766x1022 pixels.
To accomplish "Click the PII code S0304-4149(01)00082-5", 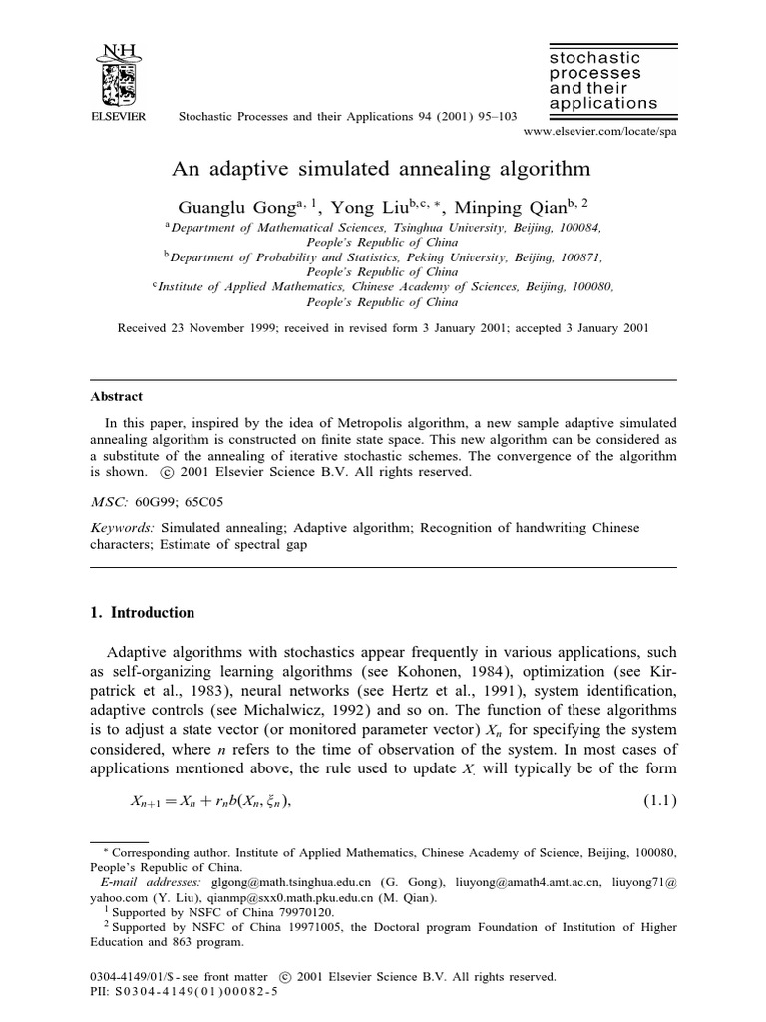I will click(x=196, y=993).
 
